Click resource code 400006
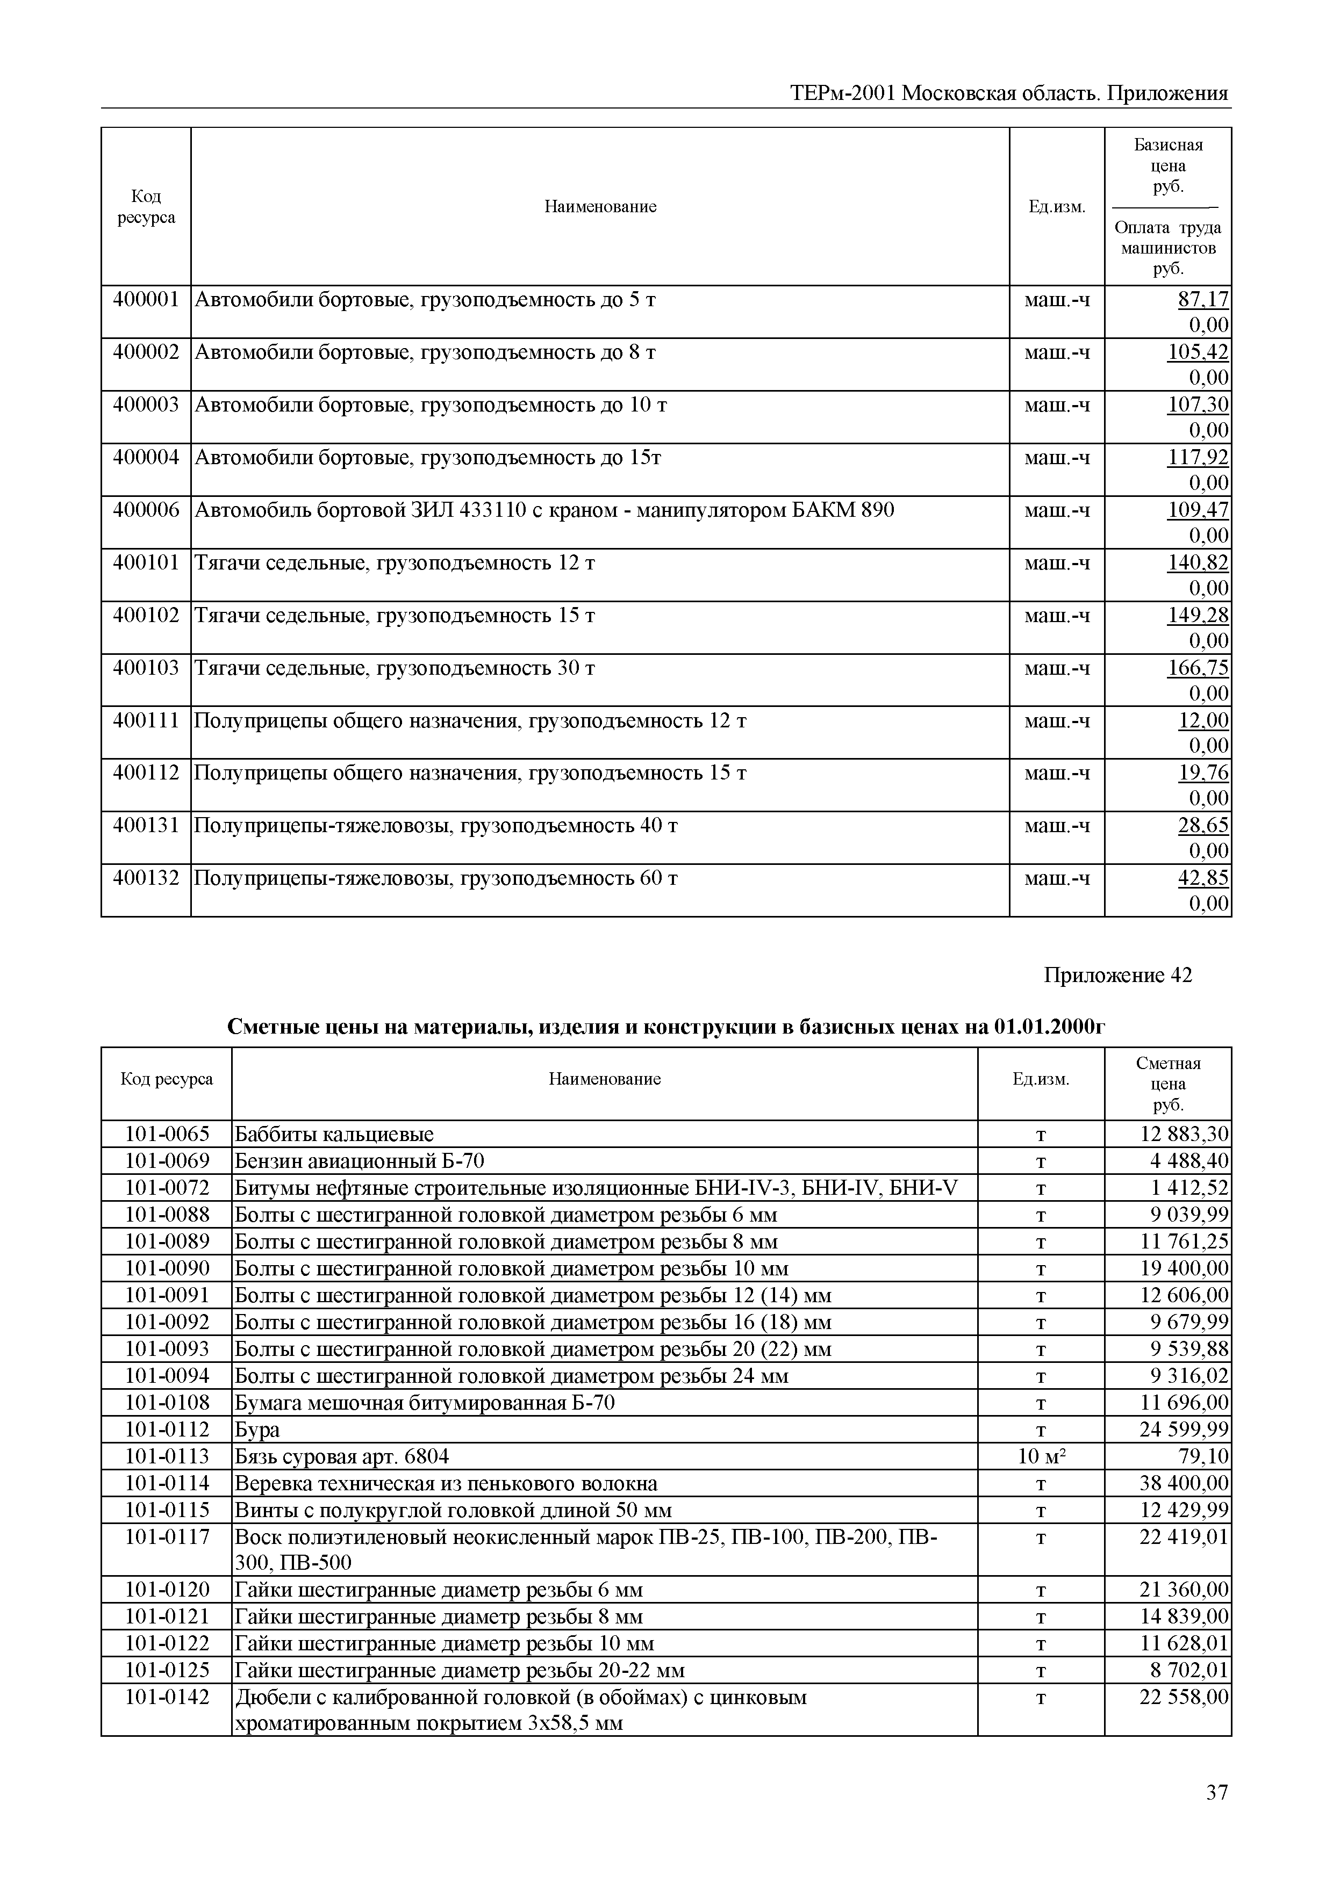145,510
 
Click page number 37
1216,1816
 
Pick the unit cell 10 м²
1040,1456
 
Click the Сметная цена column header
1167,1083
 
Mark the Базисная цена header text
1167,165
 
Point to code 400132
145,878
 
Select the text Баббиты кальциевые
334,1134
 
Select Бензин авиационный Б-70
360,1161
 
